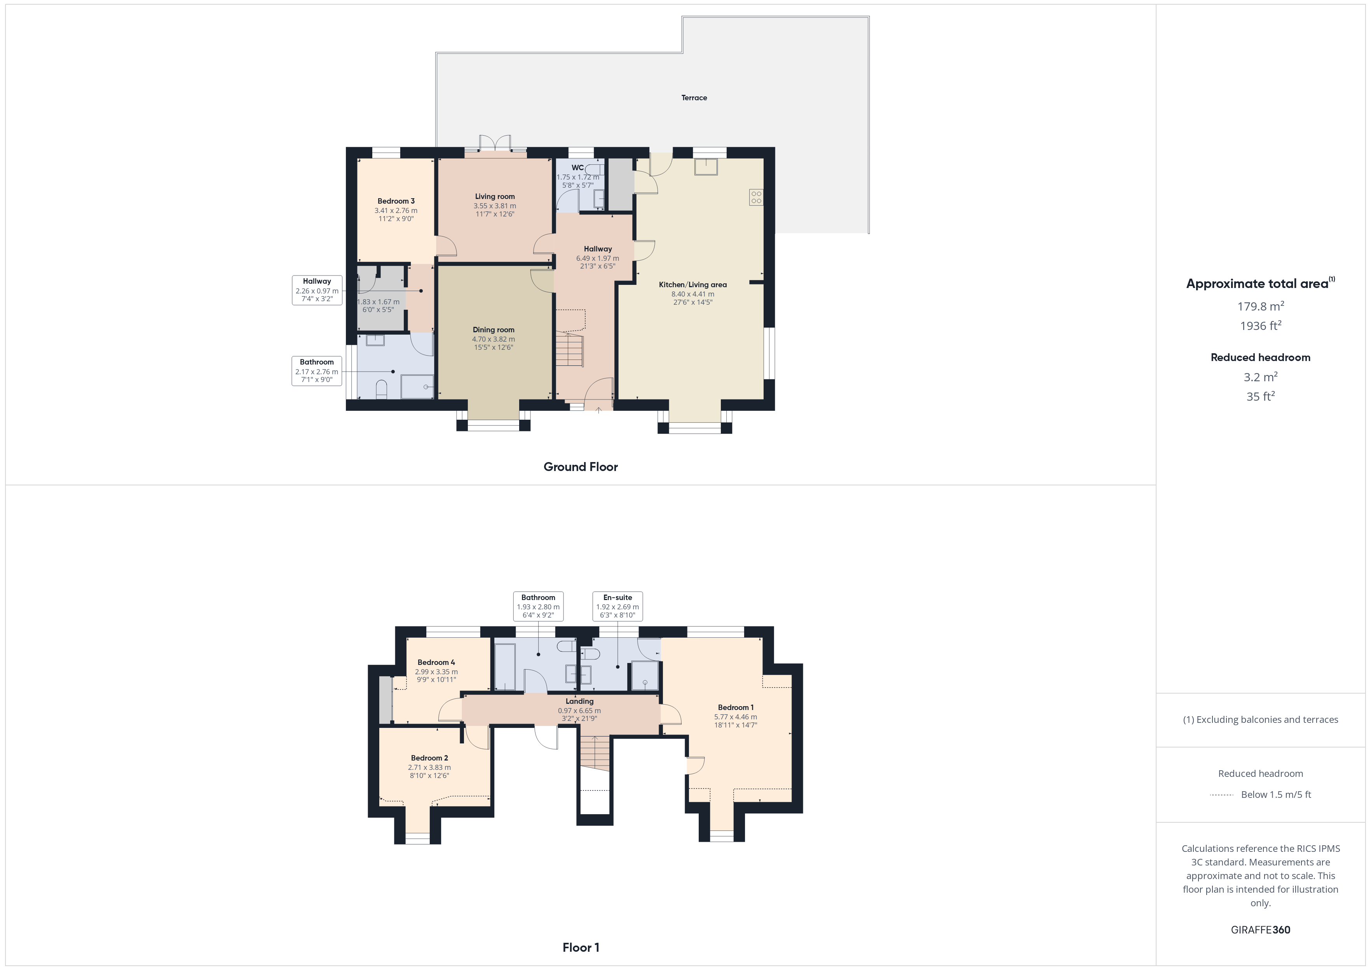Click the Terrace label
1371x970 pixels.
pos(694,98)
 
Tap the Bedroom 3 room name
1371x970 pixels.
pos(396,201)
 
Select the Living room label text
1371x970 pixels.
pos(495,196)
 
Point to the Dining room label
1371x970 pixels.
pos(493,329)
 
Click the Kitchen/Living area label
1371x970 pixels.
pos(692,284)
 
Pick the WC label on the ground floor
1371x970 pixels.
pos(577,167)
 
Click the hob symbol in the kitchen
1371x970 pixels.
pos(756,197)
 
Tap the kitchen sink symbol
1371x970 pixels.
pos(706,167)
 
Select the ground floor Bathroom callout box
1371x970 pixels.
pos(316,371)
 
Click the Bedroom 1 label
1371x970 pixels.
pos(736,707)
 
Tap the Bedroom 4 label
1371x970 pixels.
pos(436,662)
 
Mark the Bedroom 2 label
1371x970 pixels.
pos(429,758)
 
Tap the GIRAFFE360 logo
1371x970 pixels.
pos(1261,929)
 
